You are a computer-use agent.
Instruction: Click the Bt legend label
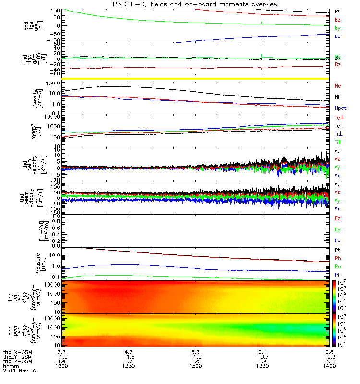[337, 11]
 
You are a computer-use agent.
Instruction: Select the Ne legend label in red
[338, 86]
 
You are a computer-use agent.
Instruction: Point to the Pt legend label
[337, 251]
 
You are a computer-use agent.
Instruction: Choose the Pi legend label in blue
[337, 274]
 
